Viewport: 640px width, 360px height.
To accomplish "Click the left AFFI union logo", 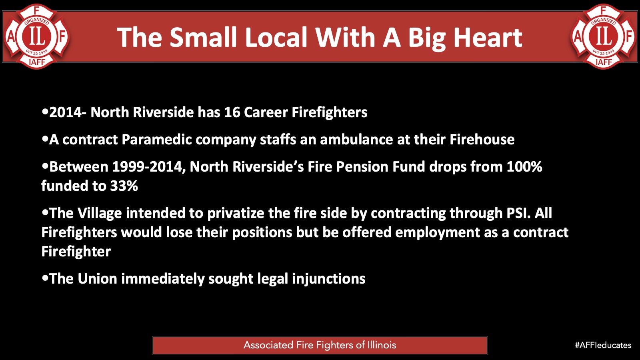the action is point(36,36).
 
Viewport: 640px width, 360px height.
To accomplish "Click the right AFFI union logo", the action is point(604,36).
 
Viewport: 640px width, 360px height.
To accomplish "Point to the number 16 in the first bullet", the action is point(232,112).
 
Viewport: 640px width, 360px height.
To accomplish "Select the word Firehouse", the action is point(482,140).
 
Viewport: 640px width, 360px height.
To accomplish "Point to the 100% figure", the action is point(524,167).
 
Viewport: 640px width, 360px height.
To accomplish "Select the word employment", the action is point(438,232).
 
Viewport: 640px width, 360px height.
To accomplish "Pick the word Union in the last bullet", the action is point(97,278).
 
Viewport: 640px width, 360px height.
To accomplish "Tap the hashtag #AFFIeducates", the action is point(603,345).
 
